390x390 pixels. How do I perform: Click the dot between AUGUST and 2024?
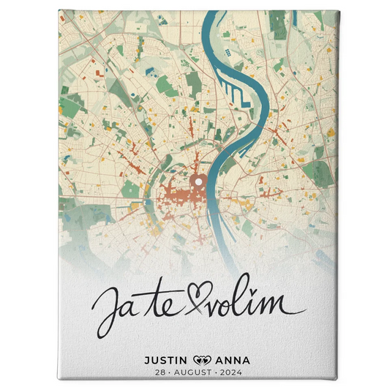(x=217, y=372)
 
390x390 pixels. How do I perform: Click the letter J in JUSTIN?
(x=147, y=360)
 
